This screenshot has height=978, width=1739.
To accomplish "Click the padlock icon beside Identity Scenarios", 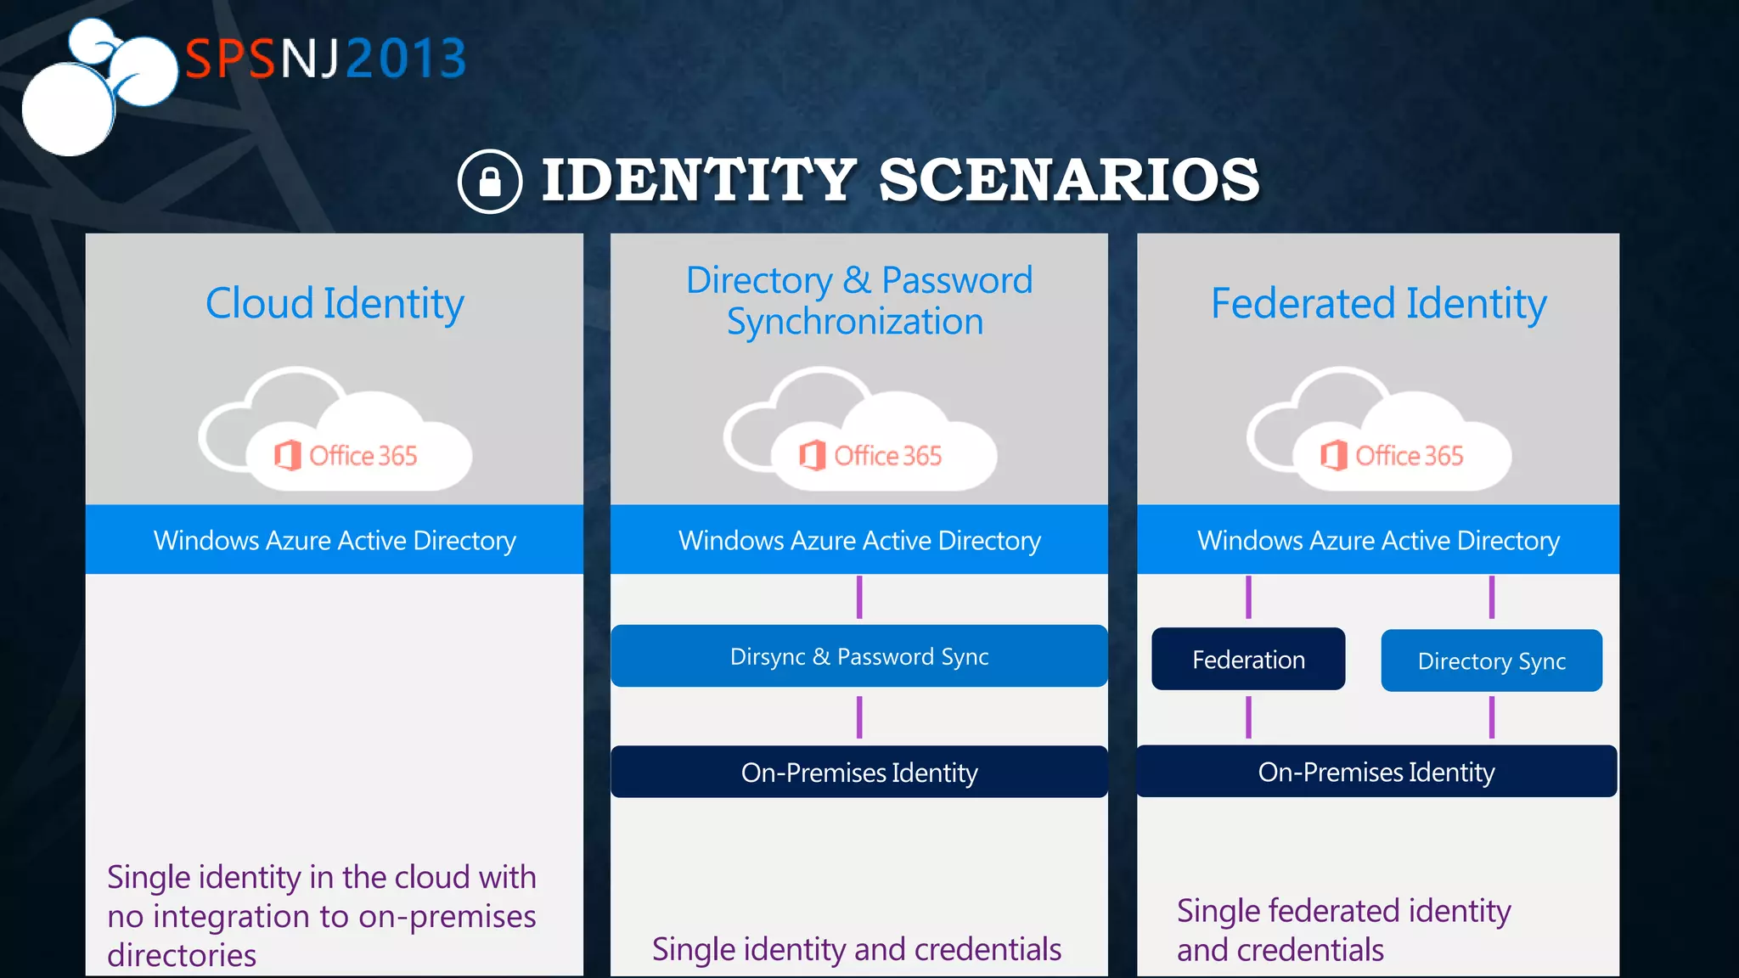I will pyautogui.click(x=489, y=181).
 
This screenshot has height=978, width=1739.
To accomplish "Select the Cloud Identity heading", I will pyautogui.click(x=335, y=303).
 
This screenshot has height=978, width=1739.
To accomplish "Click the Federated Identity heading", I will pyautogui.click(x=1378, y=303).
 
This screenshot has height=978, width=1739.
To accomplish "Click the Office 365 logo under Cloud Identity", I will pyautogui.click(x=346, y=456).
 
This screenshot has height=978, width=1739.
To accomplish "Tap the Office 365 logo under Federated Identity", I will pyautogui.click(x=1393, y=456).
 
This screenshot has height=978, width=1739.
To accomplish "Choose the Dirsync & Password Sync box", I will pyautogui.click(x=858, y=656).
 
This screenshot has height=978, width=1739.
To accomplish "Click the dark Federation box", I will pyautogui.click(x=1247, y=660).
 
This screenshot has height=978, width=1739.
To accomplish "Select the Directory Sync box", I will pyautogui.click(x=1491, y=660).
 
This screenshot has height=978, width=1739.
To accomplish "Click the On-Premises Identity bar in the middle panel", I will pyautogui.click(x=858, y=773).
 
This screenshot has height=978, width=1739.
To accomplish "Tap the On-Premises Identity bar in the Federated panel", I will pyautogui.click(x=1376, y=772).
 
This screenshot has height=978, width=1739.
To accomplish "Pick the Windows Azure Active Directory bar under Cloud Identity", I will pyautogui.click(x=335, y=540).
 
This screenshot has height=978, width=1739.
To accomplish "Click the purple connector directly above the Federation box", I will pyautogui.click(x=1248, y=598).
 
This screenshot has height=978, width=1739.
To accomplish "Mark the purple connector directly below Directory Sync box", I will pyautogui.click(x=1492, y=717).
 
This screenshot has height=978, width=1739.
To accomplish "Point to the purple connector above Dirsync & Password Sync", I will pyautogui.click(x=859, y=597).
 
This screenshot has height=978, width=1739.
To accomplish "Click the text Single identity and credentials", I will pyautogui.click(x=856, y=949).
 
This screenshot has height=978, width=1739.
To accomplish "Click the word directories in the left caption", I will pyautogui.click(x=182, y=956).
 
